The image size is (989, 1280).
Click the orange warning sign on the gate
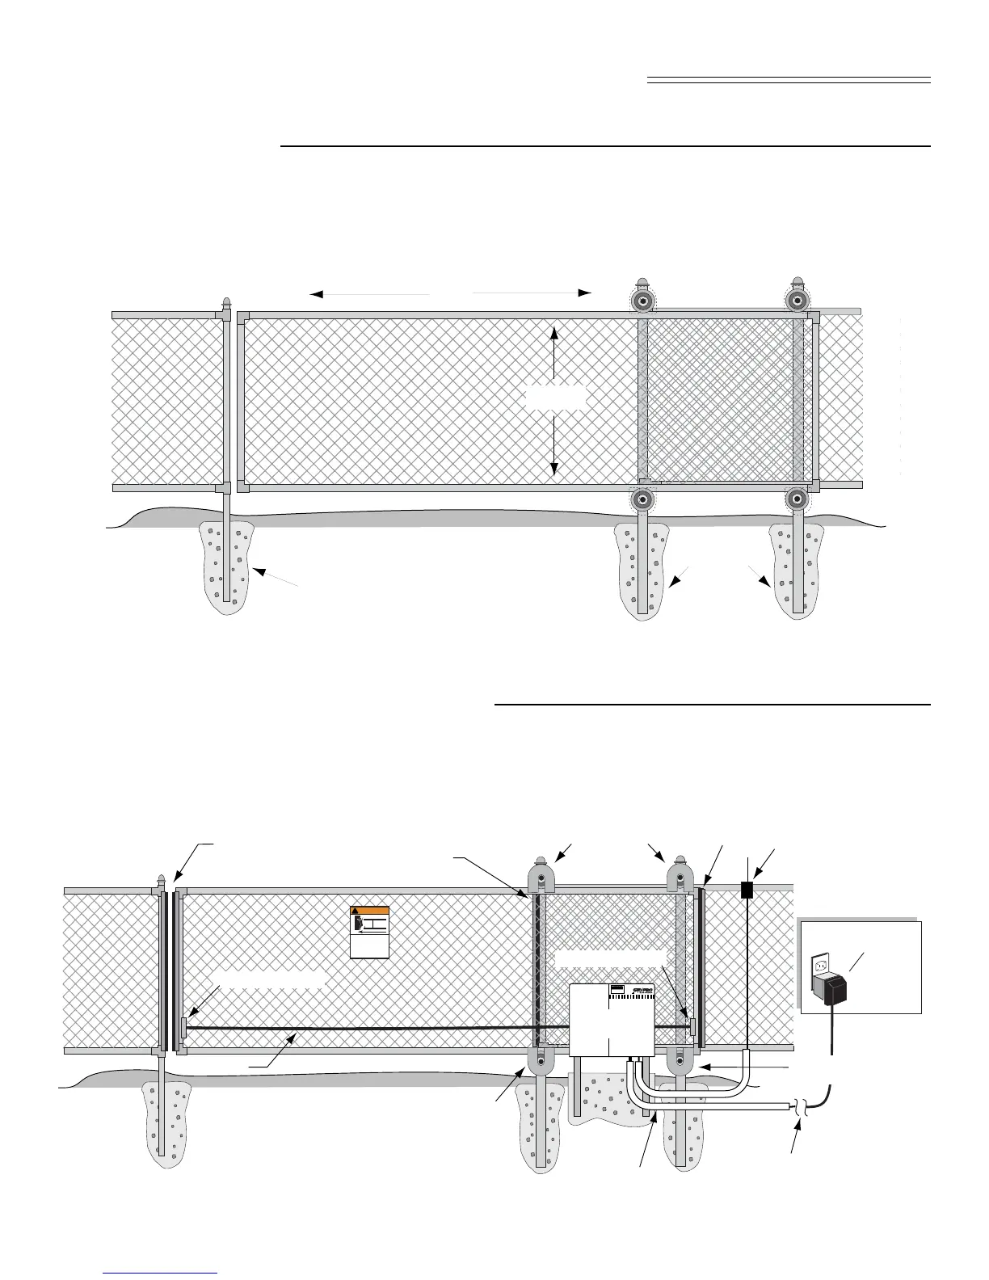tap(370, 933)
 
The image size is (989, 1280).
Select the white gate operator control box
tap(612, 1020)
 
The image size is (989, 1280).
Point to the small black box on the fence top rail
tap(747, 891)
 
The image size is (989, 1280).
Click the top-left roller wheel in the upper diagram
tap(642, 301)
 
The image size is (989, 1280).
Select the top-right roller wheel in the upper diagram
tap(798, 301)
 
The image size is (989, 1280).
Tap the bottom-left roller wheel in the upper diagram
tap(642, 499)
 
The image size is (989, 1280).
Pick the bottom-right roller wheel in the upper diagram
tap(798, 499)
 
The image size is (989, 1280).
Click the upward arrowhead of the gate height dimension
tap(553, 332)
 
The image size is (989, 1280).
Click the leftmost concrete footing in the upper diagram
tap(227, 566)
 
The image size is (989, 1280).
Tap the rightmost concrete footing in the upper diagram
tap(796, 570)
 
